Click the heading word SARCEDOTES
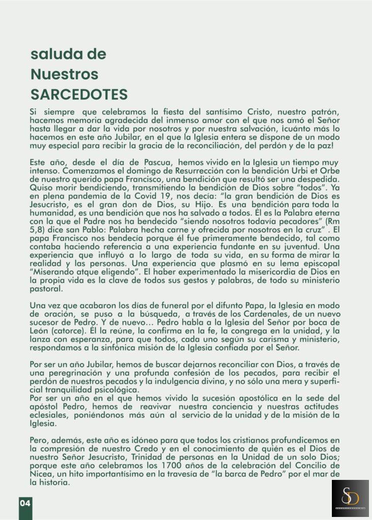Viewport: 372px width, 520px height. point(79,94)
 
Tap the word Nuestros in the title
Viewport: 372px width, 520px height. point(64,74)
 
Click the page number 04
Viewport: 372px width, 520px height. point(25,503)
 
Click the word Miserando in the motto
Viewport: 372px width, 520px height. point(49,272)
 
